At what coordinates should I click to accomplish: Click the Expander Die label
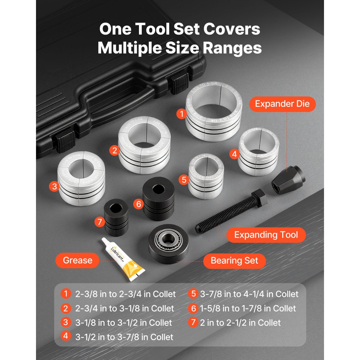[282, 104]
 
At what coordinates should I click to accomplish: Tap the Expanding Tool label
[266, 235]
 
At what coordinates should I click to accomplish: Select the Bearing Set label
[234, 260]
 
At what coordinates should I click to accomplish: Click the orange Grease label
[77, 260]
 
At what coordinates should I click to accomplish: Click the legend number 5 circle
[193, 294]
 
